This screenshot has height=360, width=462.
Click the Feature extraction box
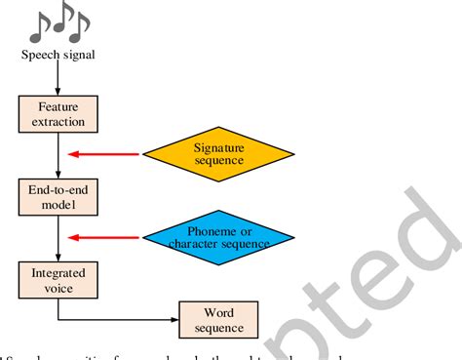pyautogui.click(x=58, y=115)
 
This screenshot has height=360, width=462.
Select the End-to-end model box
pyautogui.click(x=58, y=197)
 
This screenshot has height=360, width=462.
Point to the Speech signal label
pyautogui.click(x=58, y=55)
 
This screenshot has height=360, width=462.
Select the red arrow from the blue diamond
pyautogui.click(x=102, y=235)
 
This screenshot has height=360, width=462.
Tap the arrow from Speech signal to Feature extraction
pyautogui.click(x=58, y=78)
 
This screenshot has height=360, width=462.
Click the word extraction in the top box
pyautogui.click(x=58, y=123)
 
